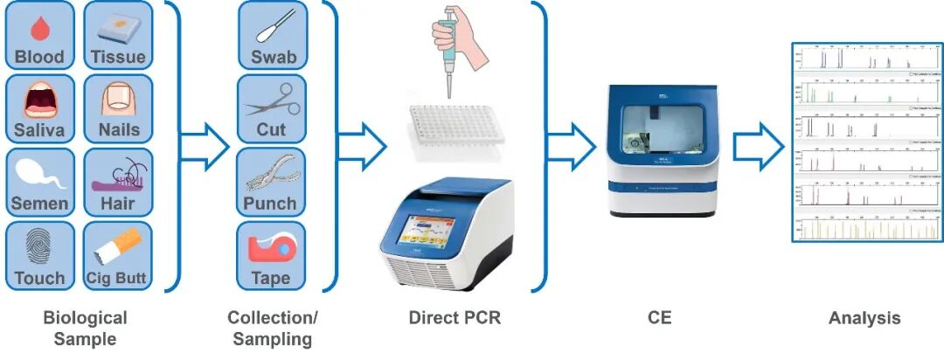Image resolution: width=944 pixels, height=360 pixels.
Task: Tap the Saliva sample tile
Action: coord(39,108)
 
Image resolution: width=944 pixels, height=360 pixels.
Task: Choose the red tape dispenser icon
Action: coord(271,250)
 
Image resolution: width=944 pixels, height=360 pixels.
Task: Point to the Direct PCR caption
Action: coord(455,318)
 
